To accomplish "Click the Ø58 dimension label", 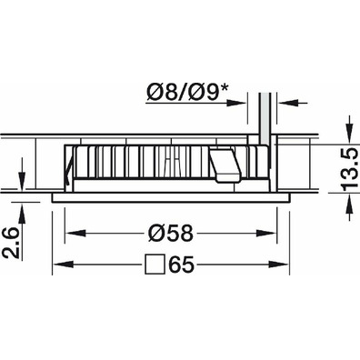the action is point(171,234).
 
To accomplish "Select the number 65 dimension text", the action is point(181,265).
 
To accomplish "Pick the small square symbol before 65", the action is point(155,265).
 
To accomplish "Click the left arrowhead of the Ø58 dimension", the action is point(75,234).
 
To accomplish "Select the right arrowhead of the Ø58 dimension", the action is point(266,234).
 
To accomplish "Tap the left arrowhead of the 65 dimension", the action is point(63,265).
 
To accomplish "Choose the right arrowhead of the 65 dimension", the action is point(278,265).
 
